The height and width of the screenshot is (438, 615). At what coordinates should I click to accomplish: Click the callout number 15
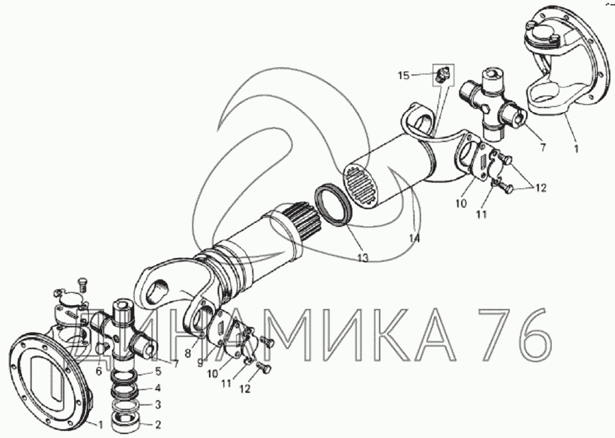click(403, 76)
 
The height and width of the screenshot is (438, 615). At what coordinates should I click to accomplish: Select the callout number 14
click(414, 238)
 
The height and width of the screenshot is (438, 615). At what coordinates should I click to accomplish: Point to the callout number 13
click(363, 258)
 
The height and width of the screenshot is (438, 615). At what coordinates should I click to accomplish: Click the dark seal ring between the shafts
click(332, 206)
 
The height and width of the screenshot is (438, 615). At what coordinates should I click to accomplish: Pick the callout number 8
click(188, 353)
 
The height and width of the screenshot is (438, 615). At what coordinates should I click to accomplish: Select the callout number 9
click(200, 364)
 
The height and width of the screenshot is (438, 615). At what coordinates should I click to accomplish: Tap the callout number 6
click(99, 370)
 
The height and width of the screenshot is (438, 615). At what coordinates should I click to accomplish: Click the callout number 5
click(158, 371)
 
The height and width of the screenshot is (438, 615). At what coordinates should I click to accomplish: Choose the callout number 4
click(158, 388)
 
